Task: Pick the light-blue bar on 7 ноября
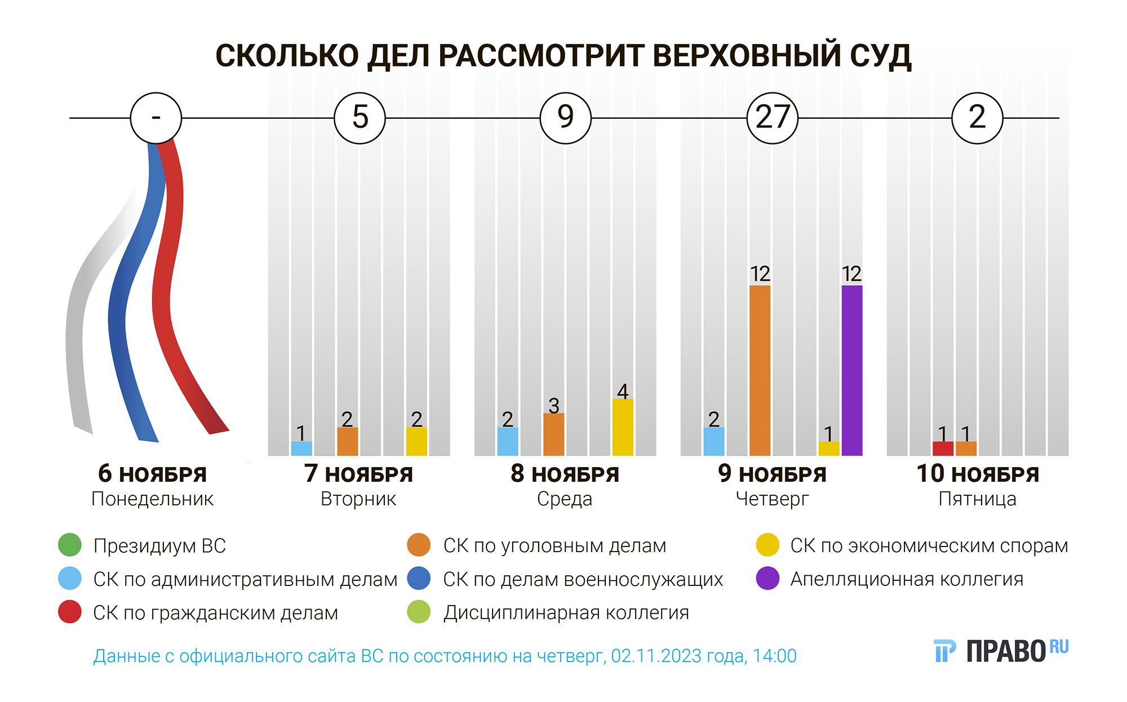[x=301, y=448]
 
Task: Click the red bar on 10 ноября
[x=943, y=448]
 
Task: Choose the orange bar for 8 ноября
[x=553, y=434]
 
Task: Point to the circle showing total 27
[x=772, y=118]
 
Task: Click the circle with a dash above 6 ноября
[x=156, y=118]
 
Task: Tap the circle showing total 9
[x=565, y=118]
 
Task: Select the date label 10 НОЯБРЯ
[x=978, y=474]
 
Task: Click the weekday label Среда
[x=565, y=499]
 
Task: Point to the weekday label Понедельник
[x=152, y=499]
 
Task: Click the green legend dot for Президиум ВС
[x=70, y=545]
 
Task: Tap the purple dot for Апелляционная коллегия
[x=767, y=579]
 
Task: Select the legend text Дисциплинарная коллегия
[x=566, y=612]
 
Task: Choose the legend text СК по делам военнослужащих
[x=583, y=579]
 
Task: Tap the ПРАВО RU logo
[x=1001, y=651]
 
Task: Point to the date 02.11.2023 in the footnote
[x=648, y=656]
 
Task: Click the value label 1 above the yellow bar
[x=828, y=434]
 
